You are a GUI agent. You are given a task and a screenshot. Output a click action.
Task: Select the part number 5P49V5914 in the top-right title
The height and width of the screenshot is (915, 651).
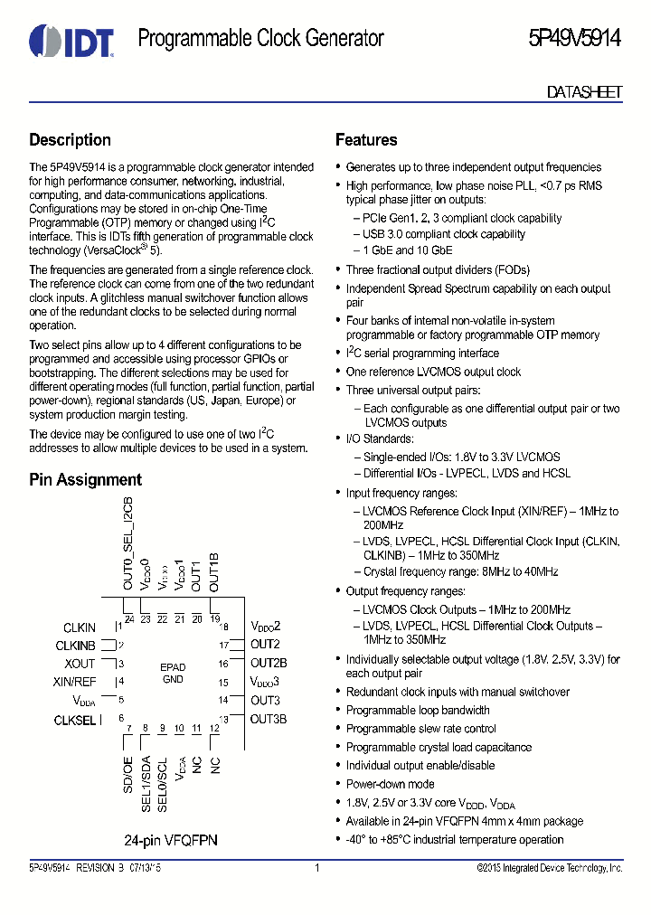pyautogui.click(x=575, y=39)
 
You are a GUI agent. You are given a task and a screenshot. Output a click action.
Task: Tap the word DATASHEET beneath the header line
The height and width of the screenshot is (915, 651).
pyautogui.click(x=584, y=92)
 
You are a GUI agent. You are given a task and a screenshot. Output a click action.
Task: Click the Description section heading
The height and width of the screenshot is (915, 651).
pyautogui.click(x=70, y=140)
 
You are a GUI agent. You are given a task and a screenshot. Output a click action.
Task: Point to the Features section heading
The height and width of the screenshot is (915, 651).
pyautogui.click(x=366, y=140)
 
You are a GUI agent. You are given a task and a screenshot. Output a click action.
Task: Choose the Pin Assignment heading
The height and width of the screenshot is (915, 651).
pyautogui.click(x=85, y=480)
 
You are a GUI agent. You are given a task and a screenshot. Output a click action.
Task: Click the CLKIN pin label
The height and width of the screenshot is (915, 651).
pyautogui.click(x=80, y=627)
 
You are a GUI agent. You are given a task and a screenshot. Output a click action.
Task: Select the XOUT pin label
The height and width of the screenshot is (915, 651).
pyautogui.click(x=80, y=664)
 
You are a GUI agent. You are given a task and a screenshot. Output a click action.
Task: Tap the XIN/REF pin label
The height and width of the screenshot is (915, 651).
pyautogui.click(x=75, y=682)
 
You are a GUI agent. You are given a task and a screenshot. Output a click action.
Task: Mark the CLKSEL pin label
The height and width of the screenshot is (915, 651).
pyautogui.click(x=76, y=720)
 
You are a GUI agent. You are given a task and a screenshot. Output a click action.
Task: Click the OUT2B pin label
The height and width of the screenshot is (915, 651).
pyautogui.click(x=269, y=663)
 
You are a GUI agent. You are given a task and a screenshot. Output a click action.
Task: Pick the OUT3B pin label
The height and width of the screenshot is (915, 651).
pyautogui.click(x=269, y=719)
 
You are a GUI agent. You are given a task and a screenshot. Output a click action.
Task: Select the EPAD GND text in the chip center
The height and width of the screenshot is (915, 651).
pyautogui.click(x=173, y=673)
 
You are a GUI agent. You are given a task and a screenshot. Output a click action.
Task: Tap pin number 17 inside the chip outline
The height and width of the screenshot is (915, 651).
pyautogui.click(x=223, y=645)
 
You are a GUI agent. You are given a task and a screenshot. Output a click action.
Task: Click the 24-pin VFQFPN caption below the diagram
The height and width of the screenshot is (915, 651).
pyautogui.click(x=171, y=840)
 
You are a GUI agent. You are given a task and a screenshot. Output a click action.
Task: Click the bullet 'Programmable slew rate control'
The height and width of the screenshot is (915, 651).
pyautogui.click(x=420, y=729)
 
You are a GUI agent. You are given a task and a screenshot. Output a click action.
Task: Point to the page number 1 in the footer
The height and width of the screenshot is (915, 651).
pyautogui.click(x=317, y=868)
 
